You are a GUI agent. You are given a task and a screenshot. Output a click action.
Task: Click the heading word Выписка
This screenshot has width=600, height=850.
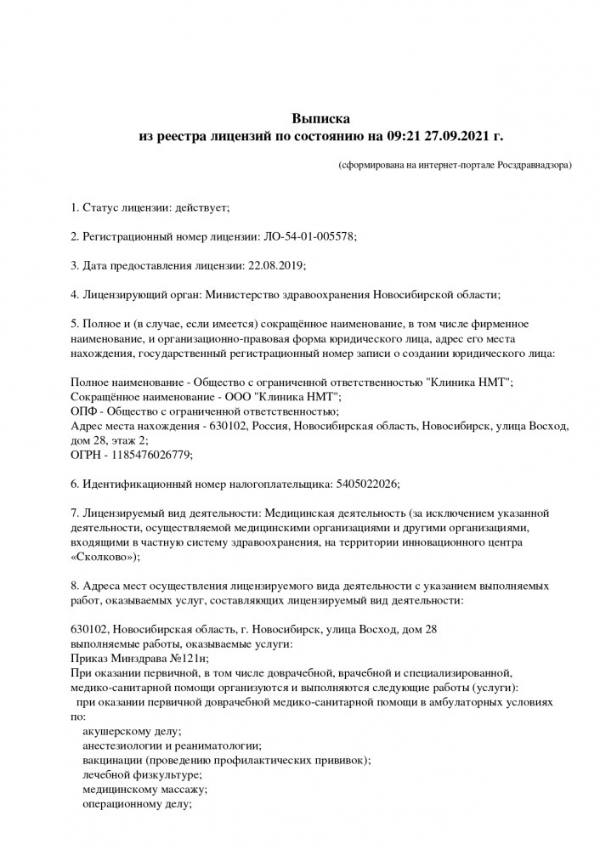[x=321, y=119]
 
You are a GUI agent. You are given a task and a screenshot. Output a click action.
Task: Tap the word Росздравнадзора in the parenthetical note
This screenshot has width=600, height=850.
[x=528, y=163]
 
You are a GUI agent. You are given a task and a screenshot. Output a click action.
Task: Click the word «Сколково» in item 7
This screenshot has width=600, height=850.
[x=103, y=557]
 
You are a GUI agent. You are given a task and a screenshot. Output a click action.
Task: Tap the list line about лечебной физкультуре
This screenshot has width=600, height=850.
[x=141, y=774]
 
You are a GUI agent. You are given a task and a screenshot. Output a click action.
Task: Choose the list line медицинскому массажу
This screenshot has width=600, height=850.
[x=144, y=789]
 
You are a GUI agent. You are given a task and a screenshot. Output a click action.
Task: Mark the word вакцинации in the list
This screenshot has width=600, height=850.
[x=112, y=760]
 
